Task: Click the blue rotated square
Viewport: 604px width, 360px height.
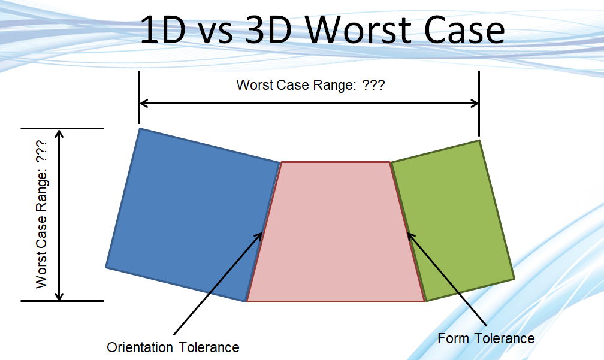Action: tap(192, 214)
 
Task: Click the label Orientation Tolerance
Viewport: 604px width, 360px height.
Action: tap(173, 347)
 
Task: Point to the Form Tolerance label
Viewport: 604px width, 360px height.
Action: tap(486, 338)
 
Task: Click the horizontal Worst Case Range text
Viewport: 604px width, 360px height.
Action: tap(310, 84)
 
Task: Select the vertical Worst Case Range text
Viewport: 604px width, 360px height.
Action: tap(41, 214)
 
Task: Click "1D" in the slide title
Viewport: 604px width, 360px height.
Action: tap(163, 30)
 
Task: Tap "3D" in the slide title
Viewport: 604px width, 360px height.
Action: tap(268, 30)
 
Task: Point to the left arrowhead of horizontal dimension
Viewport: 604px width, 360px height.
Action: tap(143, 103)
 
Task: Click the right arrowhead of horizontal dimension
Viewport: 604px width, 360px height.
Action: tap(475, 103)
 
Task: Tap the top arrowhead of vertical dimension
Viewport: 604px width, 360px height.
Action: tap(59, 133)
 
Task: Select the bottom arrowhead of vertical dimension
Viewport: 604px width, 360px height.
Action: tap(59, 296)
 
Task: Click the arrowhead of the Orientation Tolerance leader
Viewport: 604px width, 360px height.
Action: tap(258, 236)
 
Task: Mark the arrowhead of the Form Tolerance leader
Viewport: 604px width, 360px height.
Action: tap(410, 237)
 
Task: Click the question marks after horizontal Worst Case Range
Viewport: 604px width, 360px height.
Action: tap(373, 84)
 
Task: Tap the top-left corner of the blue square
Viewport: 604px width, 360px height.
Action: tap(140, 128)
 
